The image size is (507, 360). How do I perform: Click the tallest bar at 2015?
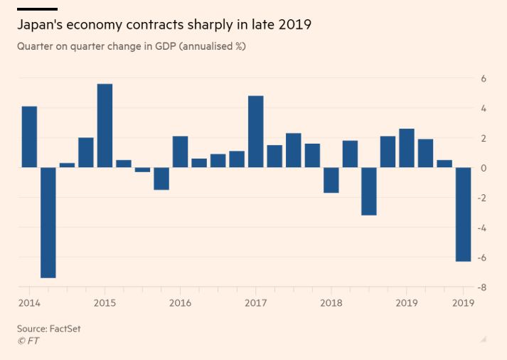pyautogui.click(x=105, y=125)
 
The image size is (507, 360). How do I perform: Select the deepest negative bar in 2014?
pyautogui.click(x=48, y=222)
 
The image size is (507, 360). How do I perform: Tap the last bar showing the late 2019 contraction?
pyautogui.click(x=463, y=214)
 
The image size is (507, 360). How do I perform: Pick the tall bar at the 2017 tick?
pyautogui.click(x=256, y=132)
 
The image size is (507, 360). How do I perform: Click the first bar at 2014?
pyautogui.click(x=29, y=137)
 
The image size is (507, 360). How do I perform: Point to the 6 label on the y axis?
pyautogui.click(x=484, y=78)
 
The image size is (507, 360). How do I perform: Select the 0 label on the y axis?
pyautogui.click(x=484, y=168)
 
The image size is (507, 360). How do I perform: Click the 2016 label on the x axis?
pyautogui.click(x=180, y=302)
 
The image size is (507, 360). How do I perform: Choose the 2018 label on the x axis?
pyautogui.click(x=331, y=302)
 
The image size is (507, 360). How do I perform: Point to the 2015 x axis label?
pyautogui.click(x=105, y=302)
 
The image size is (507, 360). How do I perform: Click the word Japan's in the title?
pyautogui.click(x=43, y=25)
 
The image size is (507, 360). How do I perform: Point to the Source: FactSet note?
pyautogui.click(x=49, y=329)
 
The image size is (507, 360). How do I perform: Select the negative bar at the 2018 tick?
pyautogui.click(x=331, y=180)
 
